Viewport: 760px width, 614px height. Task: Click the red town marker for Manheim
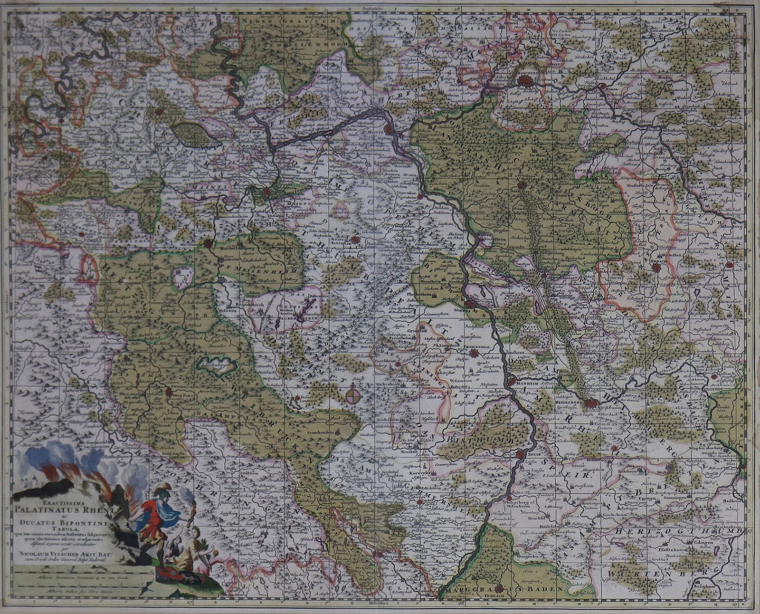(512, 381)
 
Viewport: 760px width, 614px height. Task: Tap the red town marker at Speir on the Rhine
(520, 454)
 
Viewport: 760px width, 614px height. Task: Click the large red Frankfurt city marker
(526, 81)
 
